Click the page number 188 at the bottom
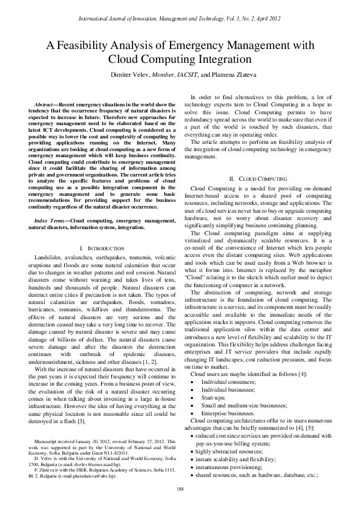[180, 488]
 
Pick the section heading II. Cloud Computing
[258, 179]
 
